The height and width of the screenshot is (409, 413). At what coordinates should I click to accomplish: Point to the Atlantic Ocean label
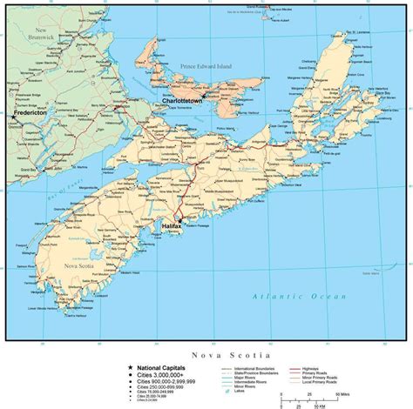coord(280,298)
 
